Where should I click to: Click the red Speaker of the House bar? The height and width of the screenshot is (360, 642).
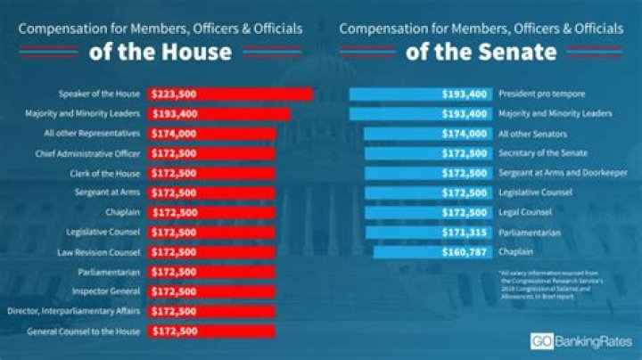pyautogui.click(x=230, y=94)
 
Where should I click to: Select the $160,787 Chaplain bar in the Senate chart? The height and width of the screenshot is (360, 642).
pyautogui.click(x=432, y=251)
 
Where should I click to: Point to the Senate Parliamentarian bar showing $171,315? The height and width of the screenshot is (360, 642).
pyautogui.click(x=426, y=232)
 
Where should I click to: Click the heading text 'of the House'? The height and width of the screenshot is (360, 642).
pyautogui.click(x=160, y=51)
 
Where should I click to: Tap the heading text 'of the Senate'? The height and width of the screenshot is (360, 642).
pyautogui.click(x=481, y=51)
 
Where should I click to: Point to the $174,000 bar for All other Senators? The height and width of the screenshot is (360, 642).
pyautogui.click(x=420, y=133)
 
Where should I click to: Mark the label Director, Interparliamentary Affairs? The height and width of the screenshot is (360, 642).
pyautogui.click(x=78, y=310)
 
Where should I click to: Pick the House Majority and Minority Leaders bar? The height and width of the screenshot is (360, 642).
pyautogui.click(x=219, y=113)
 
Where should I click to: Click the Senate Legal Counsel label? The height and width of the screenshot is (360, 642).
pyautogui.click(x=525, y=212)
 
